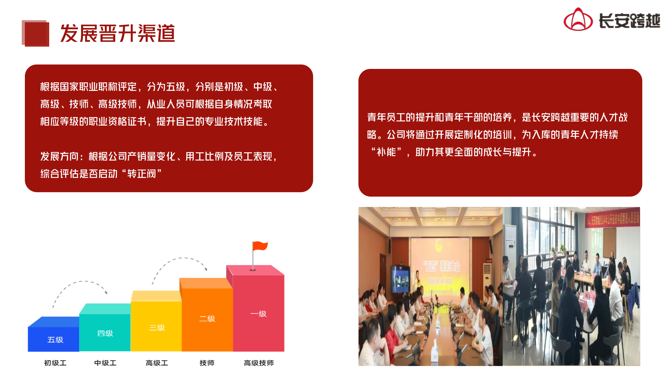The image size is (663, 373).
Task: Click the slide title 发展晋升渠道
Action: click(x=118, y=33)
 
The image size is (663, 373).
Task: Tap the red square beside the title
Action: click(x=36, y=33)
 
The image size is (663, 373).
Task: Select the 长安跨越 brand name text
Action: click(x=629, y=21)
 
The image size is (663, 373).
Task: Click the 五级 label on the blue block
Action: click(x=55, y=340)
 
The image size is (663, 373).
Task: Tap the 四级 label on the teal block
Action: click(x=105, y=333)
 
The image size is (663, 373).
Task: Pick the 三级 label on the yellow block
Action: click(x=157, y=328)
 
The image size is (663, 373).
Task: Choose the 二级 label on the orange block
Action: click(x=207, y=319)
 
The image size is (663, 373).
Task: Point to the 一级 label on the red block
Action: click(x=258, y=314)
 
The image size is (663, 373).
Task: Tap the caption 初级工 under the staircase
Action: click(x=55, y=363)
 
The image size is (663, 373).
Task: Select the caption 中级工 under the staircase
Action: click(x=105, y=363)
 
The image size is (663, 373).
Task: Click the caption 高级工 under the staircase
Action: click(x=157, y=363)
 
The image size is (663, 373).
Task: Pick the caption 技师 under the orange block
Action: click(x=207, y=363)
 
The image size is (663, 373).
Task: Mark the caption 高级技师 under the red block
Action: click(x=259, y=363)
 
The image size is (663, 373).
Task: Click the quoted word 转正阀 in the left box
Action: click(x=141, y=174)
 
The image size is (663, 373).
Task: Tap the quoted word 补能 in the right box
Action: click(x=386, y=152)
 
